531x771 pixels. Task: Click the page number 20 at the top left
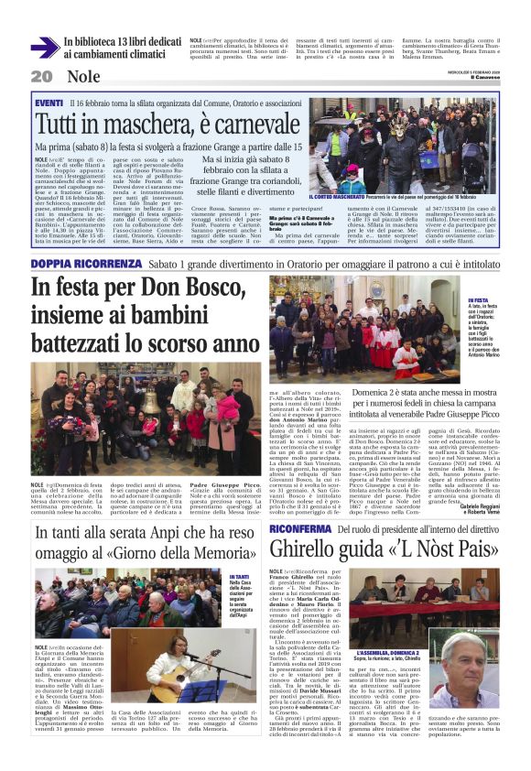41,77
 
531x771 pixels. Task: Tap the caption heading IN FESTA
479,299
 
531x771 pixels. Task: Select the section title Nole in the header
83,77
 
